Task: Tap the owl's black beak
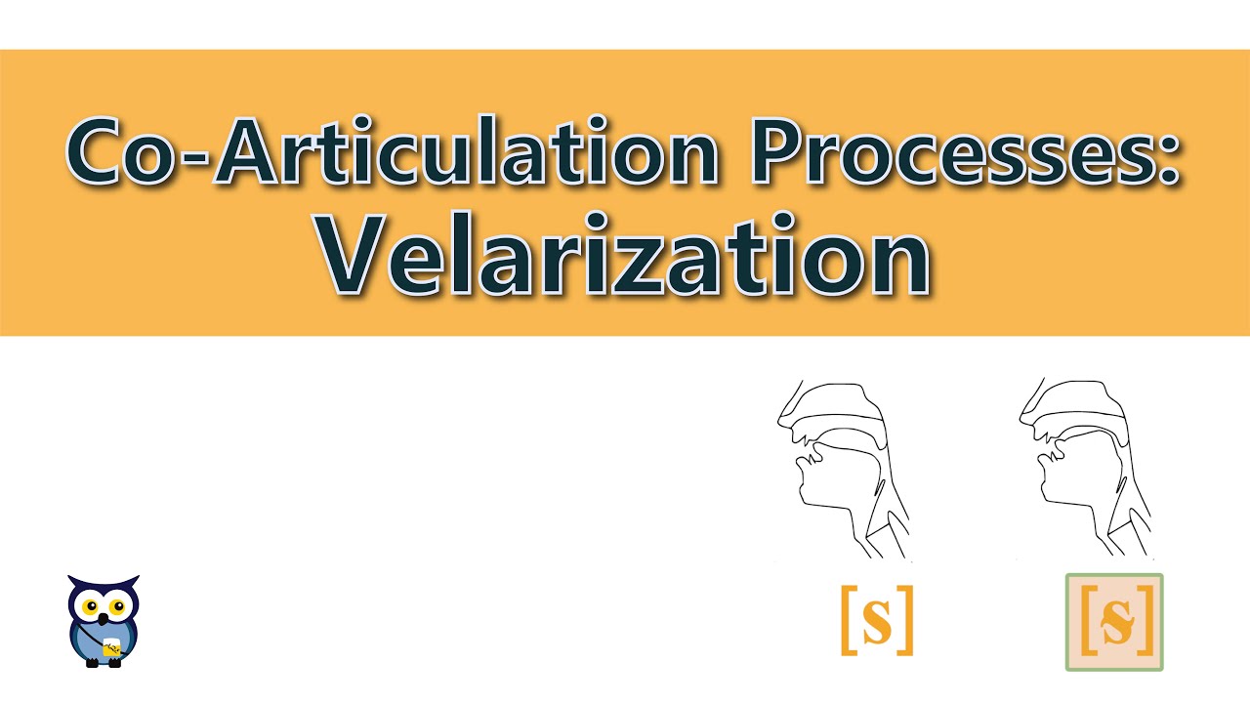coord(104,617)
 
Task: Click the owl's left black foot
coord(93,663)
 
